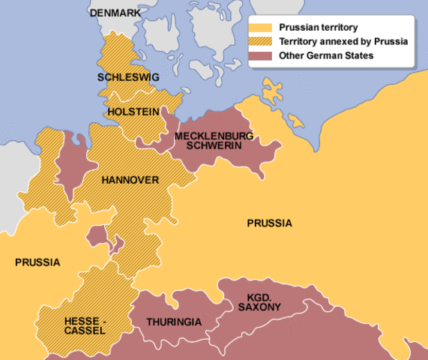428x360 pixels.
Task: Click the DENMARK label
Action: tap(115, 13)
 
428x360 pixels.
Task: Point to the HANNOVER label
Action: tap(130, 180)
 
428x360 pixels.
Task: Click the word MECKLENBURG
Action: tap(214, 136)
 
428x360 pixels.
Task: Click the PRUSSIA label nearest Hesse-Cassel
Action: tap(37, 262)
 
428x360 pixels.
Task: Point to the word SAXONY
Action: tap(256, 307)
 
